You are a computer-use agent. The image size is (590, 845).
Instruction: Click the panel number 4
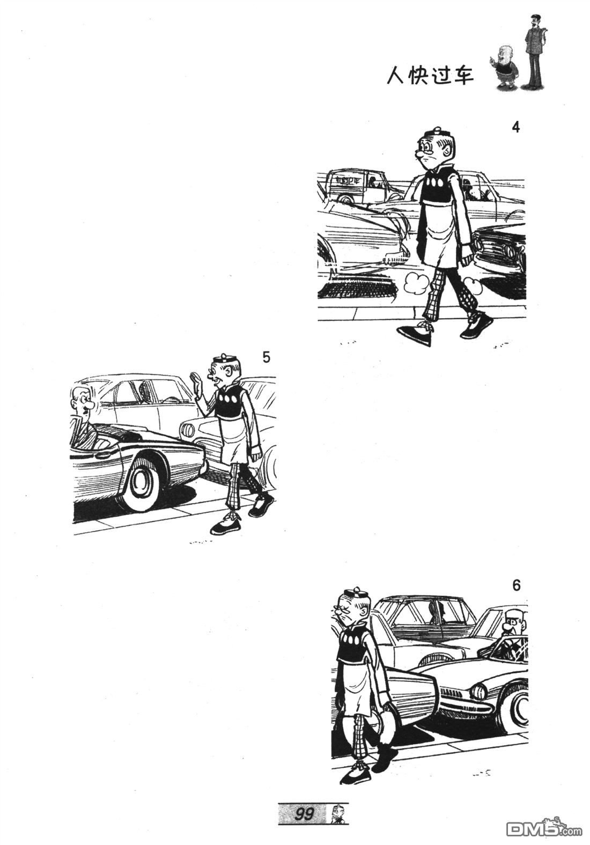tap(516, 128)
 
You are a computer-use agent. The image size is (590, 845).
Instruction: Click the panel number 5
tap(267, 357)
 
